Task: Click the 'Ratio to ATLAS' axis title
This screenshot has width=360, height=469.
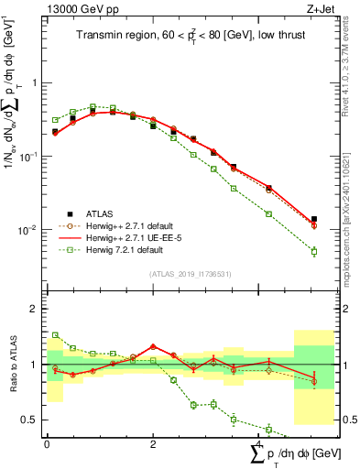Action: [x=11, y=365]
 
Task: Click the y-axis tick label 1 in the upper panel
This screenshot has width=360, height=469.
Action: [x=36, y=82]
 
